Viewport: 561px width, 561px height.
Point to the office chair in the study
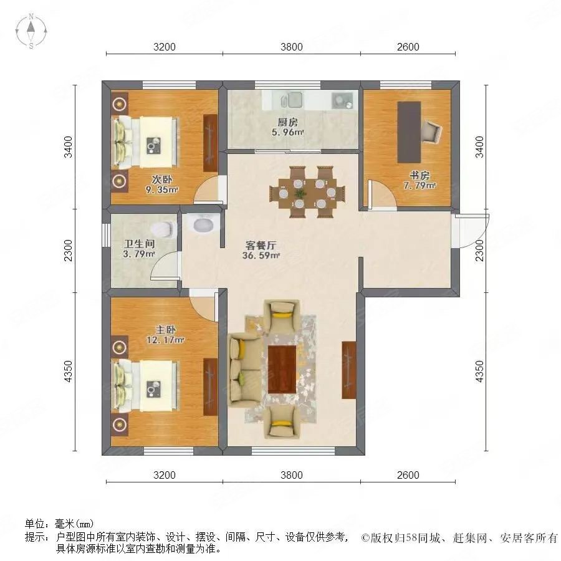tap(432, 130)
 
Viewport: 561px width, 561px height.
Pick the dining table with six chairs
tap(307, 191)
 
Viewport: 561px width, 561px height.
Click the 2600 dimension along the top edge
tap(408, 47)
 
